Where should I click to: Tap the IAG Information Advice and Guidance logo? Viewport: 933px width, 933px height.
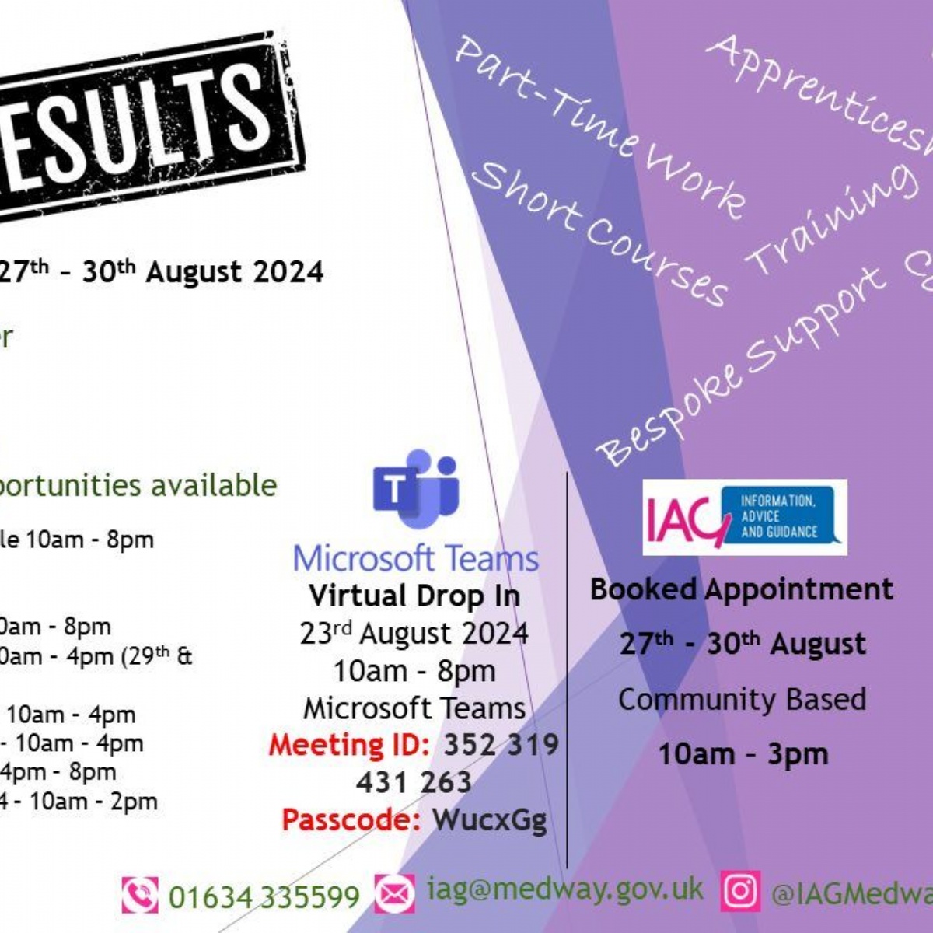tap(744, 517)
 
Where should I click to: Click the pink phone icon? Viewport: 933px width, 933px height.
tap(139, 895)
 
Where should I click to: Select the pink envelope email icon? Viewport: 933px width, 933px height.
tap(395, 893)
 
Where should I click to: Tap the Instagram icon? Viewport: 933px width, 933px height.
tap(739, 891)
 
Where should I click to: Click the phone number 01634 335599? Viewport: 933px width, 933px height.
tap(264, 896)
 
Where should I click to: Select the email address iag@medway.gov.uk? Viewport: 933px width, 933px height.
tap(564, 889)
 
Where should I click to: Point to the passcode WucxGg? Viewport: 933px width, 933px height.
tap(489, 819)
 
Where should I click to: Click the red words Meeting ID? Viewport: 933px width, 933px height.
tap(349, 745)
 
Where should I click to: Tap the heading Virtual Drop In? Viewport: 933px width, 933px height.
tap(414, 596)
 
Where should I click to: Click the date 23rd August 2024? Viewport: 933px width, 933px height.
tap(414, 634)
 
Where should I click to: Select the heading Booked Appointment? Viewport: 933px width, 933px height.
tap(741, 589)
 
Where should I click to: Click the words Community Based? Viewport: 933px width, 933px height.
tap(742, 699)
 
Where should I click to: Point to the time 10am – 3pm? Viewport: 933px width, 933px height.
tap(743, 754)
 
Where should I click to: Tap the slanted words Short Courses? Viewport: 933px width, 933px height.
tap(599, 233)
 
